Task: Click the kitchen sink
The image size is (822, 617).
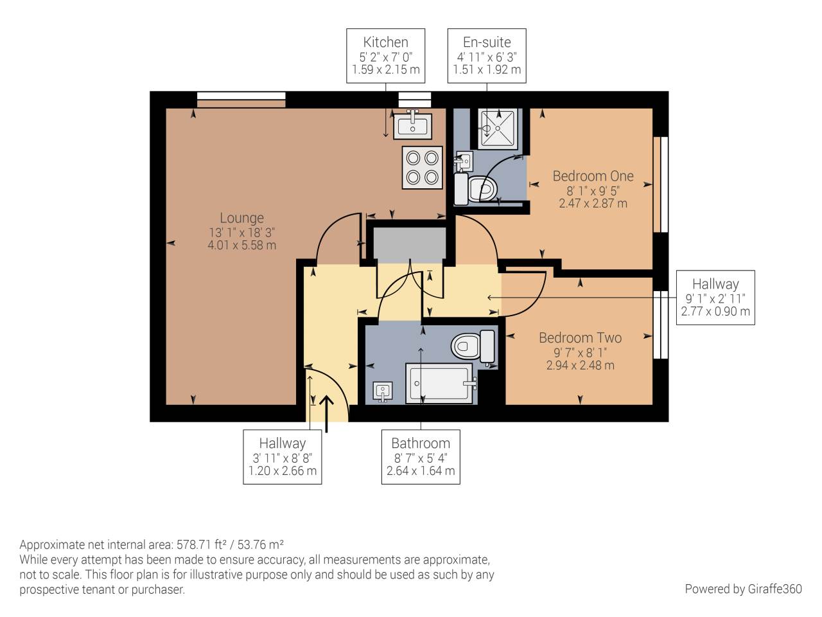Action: click(x=414, y=124)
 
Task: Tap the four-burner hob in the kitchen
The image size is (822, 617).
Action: click(x=422, y=168)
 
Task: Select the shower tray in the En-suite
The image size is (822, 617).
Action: click(x=498, y=129)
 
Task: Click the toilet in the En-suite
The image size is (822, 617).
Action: click(x=478, y=188)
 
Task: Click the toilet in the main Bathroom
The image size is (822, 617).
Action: click(x=472, y=346)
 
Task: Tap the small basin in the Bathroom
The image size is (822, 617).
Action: click(x=383, y=391)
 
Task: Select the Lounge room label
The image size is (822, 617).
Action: click(x=241, y=218)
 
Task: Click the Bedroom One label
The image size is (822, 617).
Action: click(x=593, y=176)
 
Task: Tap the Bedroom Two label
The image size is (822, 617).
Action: click(x=580, y=338)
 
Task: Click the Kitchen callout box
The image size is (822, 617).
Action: click(x=386, y=56)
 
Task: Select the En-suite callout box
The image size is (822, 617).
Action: click(x=487, y=56)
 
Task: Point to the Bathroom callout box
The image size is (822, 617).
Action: click(x=421, y=456)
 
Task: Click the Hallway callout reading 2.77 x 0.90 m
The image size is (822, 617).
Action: click(x=715, y=298)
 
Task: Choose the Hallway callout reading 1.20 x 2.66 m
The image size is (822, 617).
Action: click(x=283, y=456)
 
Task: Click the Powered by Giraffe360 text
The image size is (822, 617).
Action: click(x=743, y=589)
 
